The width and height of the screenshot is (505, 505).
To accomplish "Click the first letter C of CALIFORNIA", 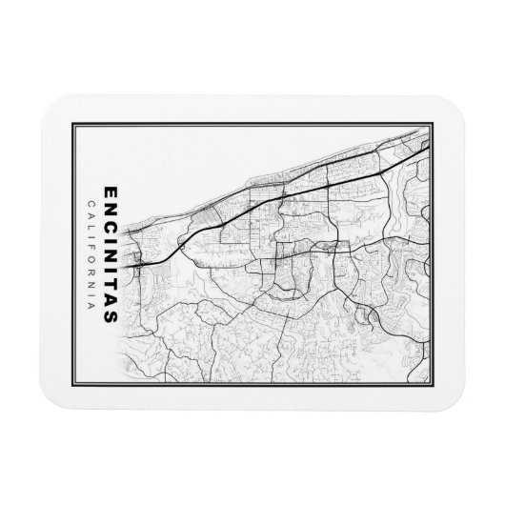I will (x=89, y=203).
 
